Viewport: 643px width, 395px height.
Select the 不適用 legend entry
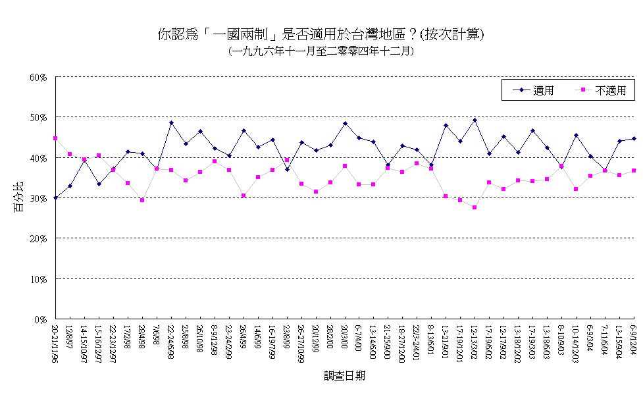[609, 91]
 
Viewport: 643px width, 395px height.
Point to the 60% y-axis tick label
[38, 77]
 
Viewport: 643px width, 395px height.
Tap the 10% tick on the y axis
[38, 279]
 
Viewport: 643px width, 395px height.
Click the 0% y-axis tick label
[41, 319]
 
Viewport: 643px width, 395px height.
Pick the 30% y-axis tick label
[38, 198]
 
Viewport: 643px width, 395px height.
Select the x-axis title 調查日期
[344, 376]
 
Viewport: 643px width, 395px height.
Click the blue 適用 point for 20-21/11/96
[55, 197]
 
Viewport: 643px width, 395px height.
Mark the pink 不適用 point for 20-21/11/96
[55, 138]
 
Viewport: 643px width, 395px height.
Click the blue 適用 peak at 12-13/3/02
[475, 120]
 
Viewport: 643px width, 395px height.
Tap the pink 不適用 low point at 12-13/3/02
[475, 207]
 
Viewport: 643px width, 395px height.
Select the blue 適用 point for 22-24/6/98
[171, 122]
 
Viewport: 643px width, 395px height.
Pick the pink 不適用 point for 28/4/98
[142, 200]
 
